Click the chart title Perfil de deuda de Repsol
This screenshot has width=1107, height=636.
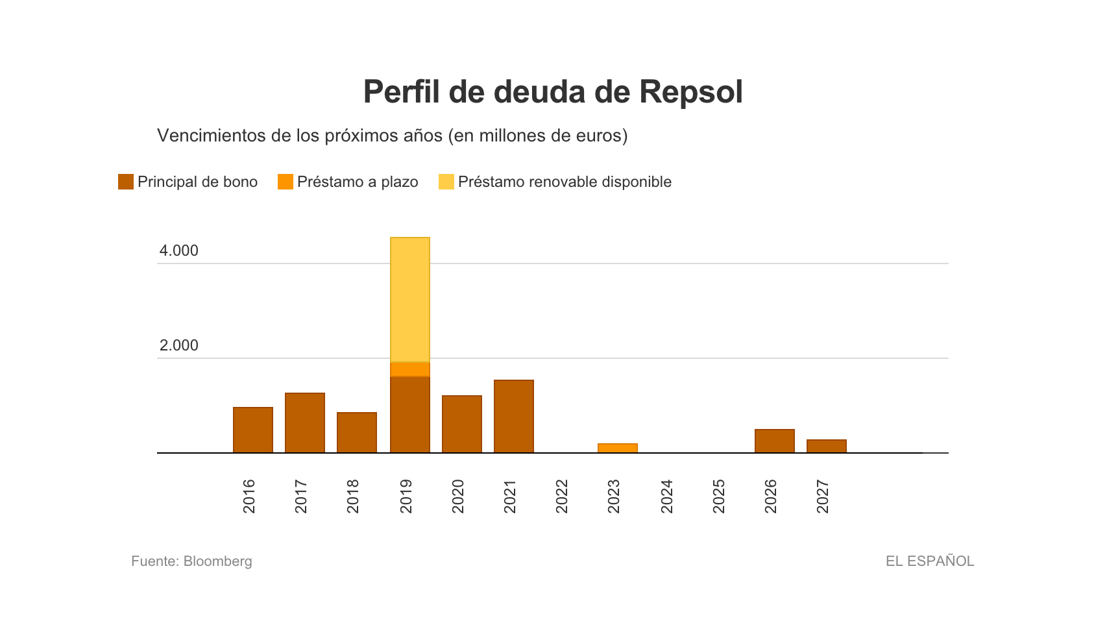[x=553, y=92]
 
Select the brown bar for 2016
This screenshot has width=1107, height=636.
[x=253, y=430]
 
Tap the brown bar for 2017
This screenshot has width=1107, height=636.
[x=305, y=422]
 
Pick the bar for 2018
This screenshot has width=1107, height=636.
[x=357, y=432]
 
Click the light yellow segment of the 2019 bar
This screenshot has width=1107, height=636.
[x=410, y=300]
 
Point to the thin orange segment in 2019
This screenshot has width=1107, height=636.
[x=410, y=369]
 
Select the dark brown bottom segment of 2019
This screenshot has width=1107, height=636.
[x=410, y=414]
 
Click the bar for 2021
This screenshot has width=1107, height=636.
[x=514, y=416]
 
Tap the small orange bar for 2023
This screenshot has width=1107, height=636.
[x=618, y=448]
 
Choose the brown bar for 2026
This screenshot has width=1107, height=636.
[x=775, y=441]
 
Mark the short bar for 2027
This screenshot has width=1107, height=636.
[x=827, y=446]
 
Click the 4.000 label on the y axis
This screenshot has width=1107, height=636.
[x=179, y=251]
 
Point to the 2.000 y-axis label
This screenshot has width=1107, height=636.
[x=179, y=345]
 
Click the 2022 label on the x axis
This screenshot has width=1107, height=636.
[x=562, y=496]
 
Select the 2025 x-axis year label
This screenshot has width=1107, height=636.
[x=719, y=496]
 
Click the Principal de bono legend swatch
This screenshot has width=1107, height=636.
[x=126, y=182]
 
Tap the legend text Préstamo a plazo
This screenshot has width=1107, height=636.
[x=358, y=182]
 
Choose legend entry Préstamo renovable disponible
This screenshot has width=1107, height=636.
[x=565, y=182]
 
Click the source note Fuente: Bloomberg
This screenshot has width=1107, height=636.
[x=191, y=561]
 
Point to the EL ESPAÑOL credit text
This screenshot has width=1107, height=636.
[x=930, y=561]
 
